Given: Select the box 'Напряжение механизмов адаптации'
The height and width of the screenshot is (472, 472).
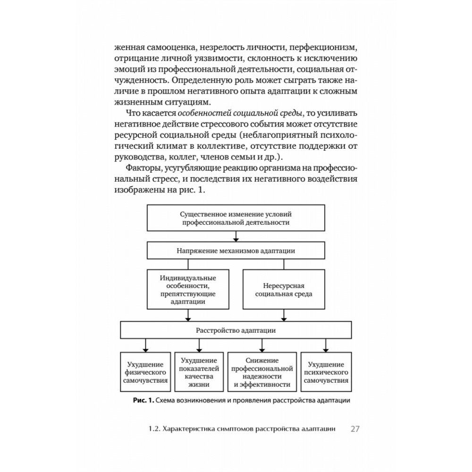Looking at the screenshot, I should coord(236,251).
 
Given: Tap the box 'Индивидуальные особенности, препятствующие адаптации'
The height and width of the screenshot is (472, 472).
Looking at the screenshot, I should coord(188,289).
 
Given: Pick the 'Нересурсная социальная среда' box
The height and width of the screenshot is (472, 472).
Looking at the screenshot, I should coord(284,289).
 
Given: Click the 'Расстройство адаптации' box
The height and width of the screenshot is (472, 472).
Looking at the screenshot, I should coord(236,330).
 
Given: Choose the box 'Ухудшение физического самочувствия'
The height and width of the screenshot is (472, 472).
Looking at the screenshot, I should coord(145,372).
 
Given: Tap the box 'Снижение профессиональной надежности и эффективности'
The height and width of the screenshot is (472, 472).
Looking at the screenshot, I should coord(262,372).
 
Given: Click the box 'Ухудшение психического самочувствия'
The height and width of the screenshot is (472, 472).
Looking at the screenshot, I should coord(326,372).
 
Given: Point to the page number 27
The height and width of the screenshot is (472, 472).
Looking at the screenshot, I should coord(355,429).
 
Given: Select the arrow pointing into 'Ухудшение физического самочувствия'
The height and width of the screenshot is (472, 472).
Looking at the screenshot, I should coord(145,346).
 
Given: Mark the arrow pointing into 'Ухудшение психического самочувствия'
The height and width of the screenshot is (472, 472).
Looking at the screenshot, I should coord(326,346).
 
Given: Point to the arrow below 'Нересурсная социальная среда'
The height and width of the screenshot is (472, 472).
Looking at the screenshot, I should coord(284,315).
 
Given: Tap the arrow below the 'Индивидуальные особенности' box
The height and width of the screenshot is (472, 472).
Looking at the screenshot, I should coord(188,315).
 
